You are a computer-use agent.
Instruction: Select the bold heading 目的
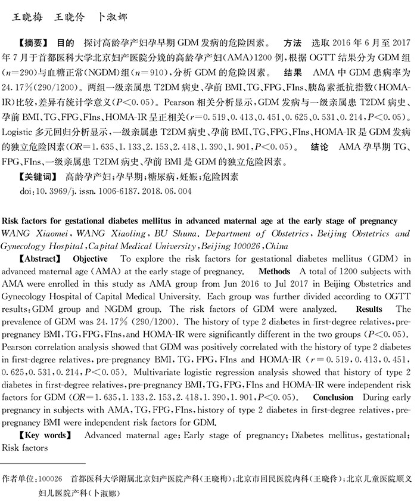(65, 44)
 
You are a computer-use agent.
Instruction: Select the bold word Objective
(90, 259)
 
